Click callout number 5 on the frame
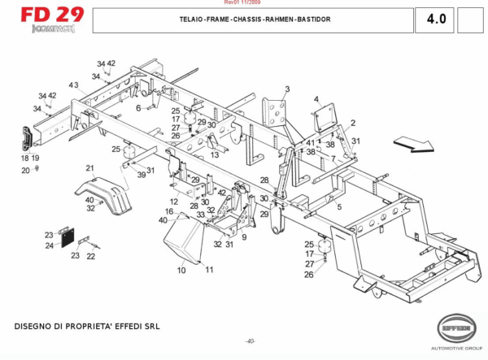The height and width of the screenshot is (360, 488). (x=339, y=206)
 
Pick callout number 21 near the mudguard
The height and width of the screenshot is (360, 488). (x=89, y=168)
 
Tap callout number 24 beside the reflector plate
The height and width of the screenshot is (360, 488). (x=49, y=245)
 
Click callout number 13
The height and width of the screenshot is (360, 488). (x=215, y=154)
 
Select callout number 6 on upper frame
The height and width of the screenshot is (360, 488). (x=138, y=107)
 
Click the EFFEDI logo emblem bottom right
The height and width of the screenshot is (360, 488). (x=455, y=329)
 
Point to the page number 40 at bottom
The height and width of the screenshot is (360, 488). (x=251, y=340)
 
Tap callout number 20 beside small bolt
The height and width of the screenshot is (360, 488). (x=25, y=170)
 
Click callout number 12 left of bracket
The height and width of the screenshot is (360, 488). (x=174, y=201)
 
